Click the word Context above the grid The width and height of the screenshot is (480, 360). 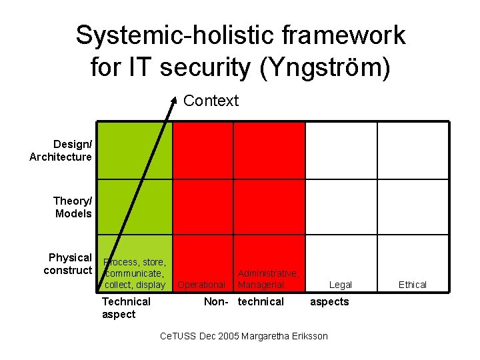[211, 101]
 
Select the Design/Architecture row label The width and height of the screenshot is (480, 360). [61, 151]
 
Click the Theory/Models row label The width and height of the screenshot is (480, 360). [72, 207]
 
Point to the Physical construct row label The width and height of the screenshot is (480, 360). [67, 264]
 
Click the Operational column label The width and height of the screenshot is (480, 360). [201, 285]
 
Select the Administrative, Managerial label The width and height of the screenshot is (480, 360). [267, 279]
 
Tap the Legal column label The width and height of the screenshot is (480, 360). [340, 285]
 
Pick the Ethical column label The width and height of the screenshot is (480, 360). [412, 285]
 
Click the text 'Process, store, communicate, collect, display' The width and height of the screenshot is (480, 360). [135, 273]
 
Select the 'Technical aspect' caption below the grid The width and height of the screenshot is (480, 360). [126, 308]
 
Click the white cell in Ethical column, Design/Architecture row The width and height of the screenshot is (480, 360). [413, 151]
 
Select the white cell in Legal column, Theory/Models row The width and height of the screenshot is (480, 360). [341, 207]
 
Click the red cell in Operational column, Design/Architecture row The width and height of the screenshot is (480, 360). [203, 151]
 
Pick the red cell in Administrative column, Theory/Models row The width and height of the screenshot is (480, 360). [269, 207]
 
